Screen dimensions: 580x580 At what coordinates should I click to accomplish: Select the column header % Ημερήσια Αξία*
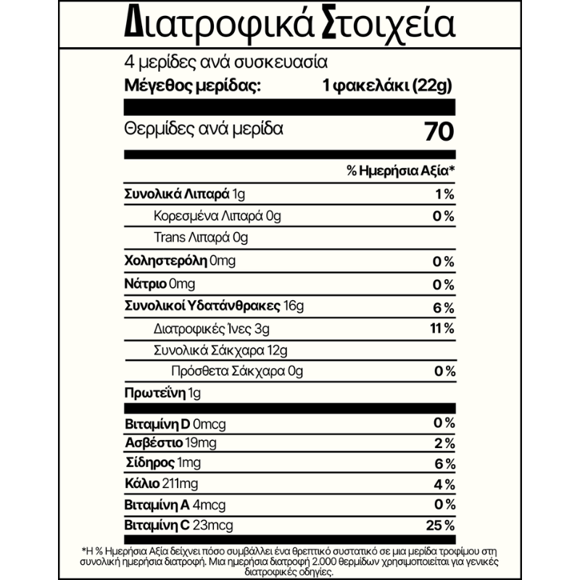pos(400,171)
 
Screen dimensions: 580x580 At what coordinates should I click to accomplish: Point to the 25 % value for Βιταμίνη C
pos(442,525)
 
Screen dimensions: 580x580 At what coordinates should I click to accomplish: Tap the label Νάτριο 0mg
pos(160,283)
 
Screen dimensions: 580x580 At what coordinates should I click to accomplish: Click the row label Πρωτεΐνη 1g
pos(162,394)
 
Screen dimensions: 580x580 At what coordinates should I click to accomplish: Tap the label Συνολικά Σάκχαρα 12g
pos(221,351)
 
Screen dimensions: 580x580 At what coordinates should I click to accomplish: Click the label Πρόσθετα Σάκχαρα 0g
pos(236,372)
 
